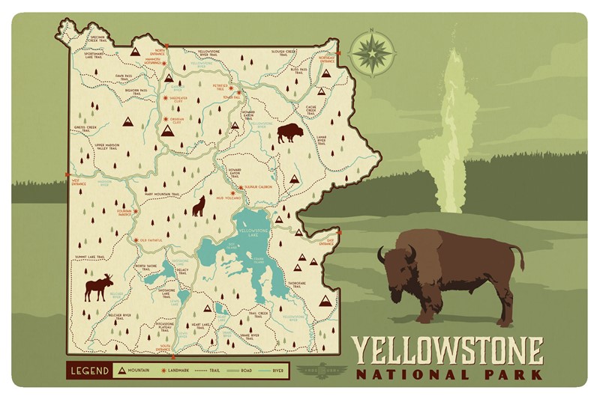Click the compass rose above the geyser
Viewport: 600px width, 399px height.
(x=372, y=52)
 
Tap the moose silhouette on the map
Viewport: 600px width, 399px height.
(x=98, y=287)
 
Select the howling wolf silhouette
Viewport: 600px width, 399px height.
(x=199, y=206)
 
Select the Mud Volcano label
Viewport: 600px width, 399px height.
(x=227, y=199)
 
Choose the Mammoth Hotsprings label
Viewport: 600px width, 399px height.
(x=153, y=62)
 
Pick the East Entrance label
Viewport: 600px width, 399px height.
(x=325, y=243)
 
